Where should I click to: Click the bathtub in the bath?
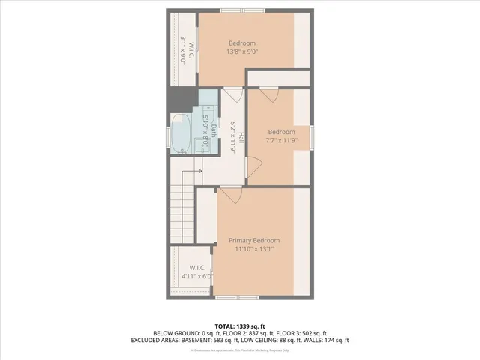(x=181, y=133)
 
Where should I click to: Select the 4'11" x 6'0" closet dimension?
(x=198, y=276)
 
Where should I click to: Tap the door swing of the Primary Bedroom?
(x=229, y=196)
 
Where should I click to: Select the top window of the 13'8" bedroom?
(x=241, y=10)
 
